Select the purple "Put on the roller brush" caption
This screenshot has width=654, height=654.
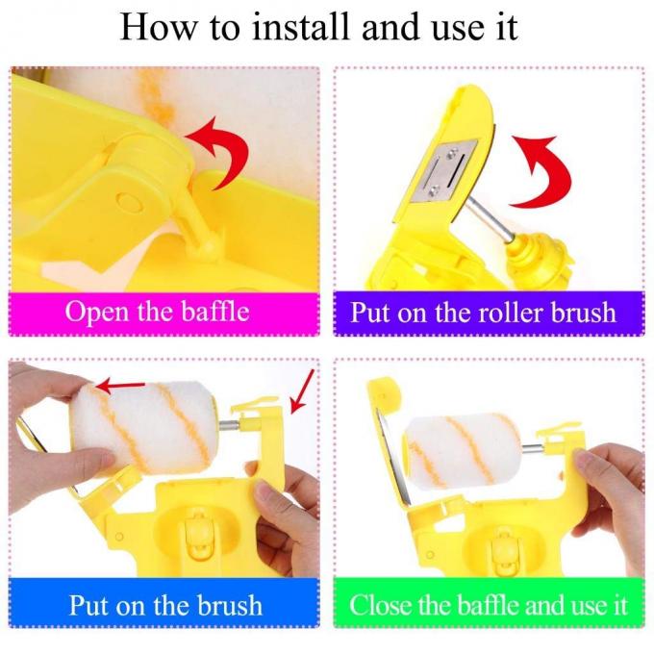pos(482,312)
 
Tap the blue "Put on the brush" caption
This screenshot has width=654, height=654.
pos(164,605)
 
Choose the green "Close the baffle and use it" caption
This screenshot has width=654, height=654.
pos(489,605)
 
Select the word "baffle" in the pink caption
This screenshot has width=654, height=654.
pos(207,312)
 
